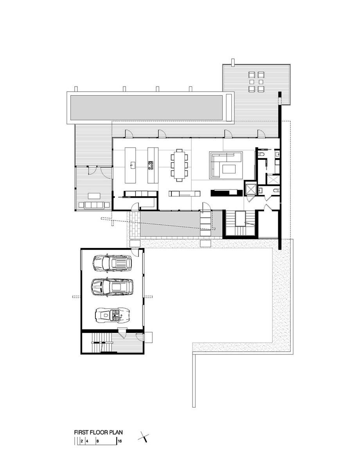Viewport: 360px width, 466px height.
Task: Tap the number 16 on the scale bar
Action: (x=120, y=441)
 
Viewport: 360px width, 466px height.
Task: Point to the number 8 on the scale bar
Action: (x=97, y=441)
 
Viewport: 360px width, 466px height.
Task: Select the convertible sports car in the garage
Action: (x=111, y=315)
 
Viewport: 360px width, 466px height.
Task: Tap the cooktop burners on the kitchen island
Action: (x=150, y=164)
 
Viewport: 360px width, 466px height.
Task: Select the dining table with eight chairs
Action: (x=180, y=165)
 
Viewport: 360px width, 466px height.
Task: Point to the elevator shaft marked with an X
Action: (x=251, y=188)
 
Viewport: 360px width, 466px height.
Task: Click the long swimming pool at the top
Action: (x=146, y=107)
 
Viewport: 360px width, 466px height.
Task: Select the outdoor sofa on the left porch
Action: (x=94, y=205)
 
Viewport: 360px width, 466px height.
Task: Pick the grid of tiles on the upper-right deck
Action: (x=257, y=81)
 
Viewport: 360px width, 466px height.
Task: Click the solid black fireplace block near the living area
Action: (x=224, y=193)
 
